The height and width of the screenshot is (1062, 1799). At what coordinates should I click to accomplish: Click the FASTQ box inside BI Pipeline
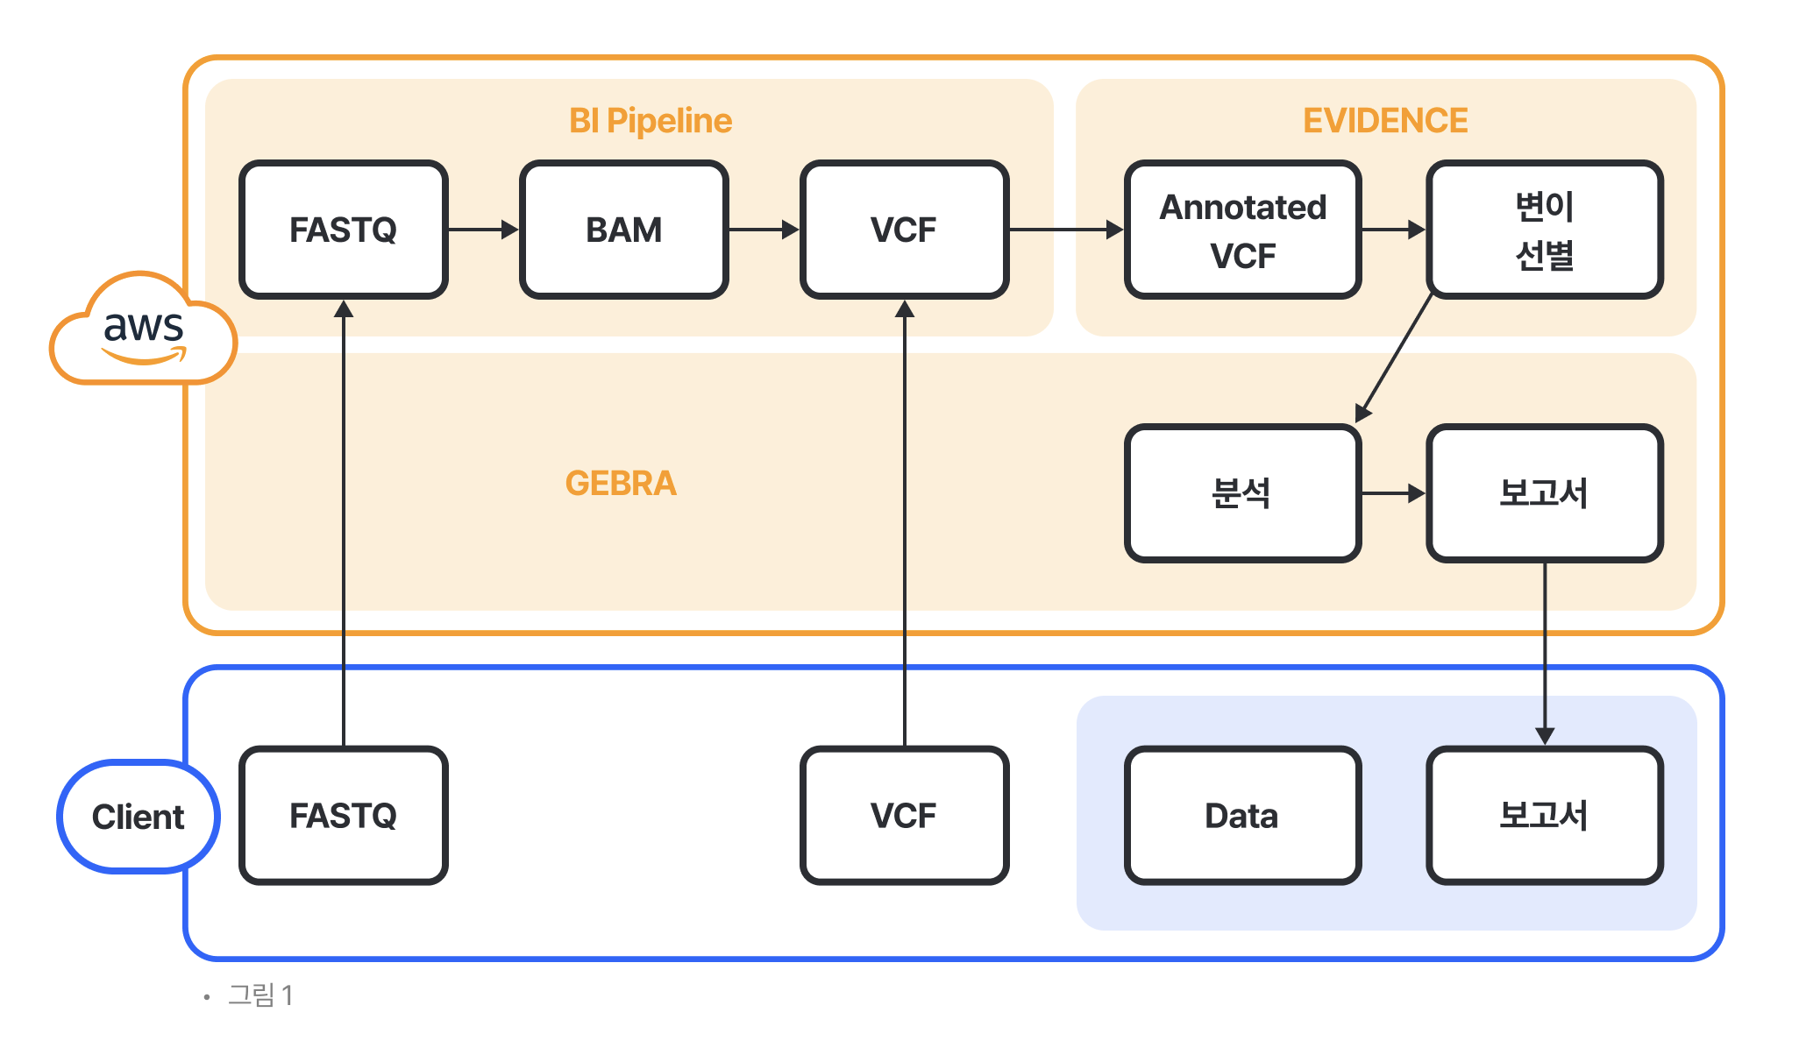point(344,230)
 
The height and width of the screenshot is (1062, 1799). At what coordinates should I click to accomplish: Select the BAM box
point(624,230)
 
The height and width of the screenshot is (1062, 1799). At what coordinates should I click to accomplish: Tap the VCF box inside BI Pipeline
point(905,230)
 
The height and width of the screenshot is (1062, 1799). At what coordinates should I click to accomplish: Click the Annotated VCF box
point(1243,230)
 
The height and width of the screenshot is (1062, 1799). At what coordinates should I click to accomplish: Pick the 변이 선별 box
point(1545,230)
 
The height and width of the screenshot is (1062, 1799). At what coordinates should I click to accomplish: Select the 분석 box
point(1243,493)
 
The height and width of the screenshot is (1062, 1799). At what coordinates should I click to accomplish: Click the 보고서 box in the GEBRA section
point(1545,493)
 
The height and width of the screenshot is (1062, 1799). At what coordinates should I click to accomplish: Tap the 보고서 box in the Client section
point(1545,816)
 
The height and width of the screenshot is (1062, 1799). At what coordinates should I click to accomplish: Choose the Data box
point(1243,816)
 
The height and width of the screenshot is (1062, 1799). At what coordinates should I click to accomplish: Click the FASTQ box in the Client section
point(344,816)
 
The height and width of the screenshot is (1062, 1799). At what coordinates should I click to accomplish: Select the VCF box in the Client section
point(905,816)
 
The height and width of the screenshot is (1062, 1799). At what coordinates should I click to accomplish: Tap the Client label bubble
point(139,817)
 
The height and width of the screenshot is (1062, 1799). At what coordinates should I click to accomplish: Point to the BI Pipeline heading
point(651,121)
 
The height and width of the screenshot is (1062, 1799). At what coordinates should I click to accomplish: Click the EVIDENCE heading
point(1385,121)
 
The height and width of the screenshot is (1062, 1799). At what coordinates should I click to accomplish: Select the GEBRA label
point(621,484)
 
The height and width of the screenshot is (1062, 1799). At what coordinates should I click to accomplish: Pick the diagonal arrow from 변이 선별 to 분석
point(1395,358)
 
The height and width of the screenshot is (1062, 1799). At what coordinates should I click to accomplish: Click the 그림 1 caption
point(260,995)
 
